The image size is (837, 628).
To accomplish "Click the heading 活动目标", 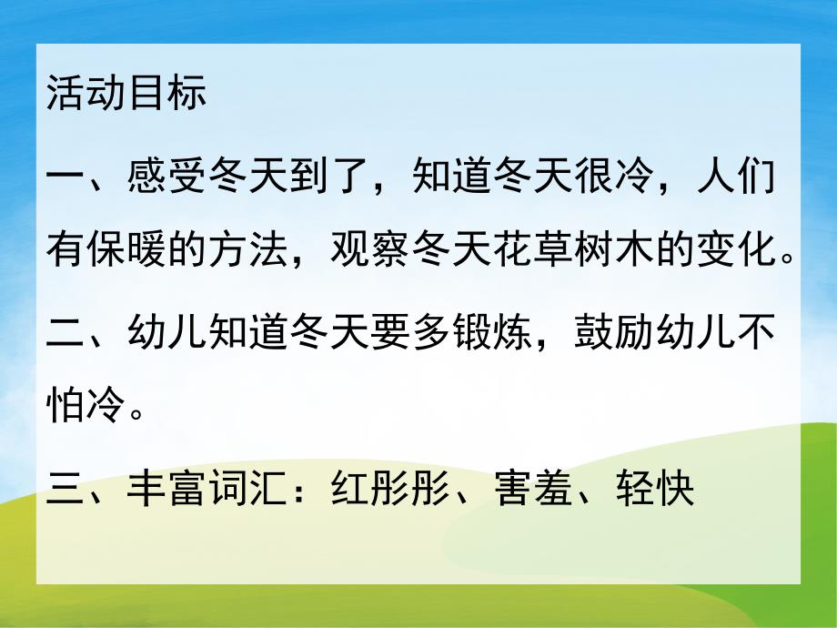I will click(x=126, y=95).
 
